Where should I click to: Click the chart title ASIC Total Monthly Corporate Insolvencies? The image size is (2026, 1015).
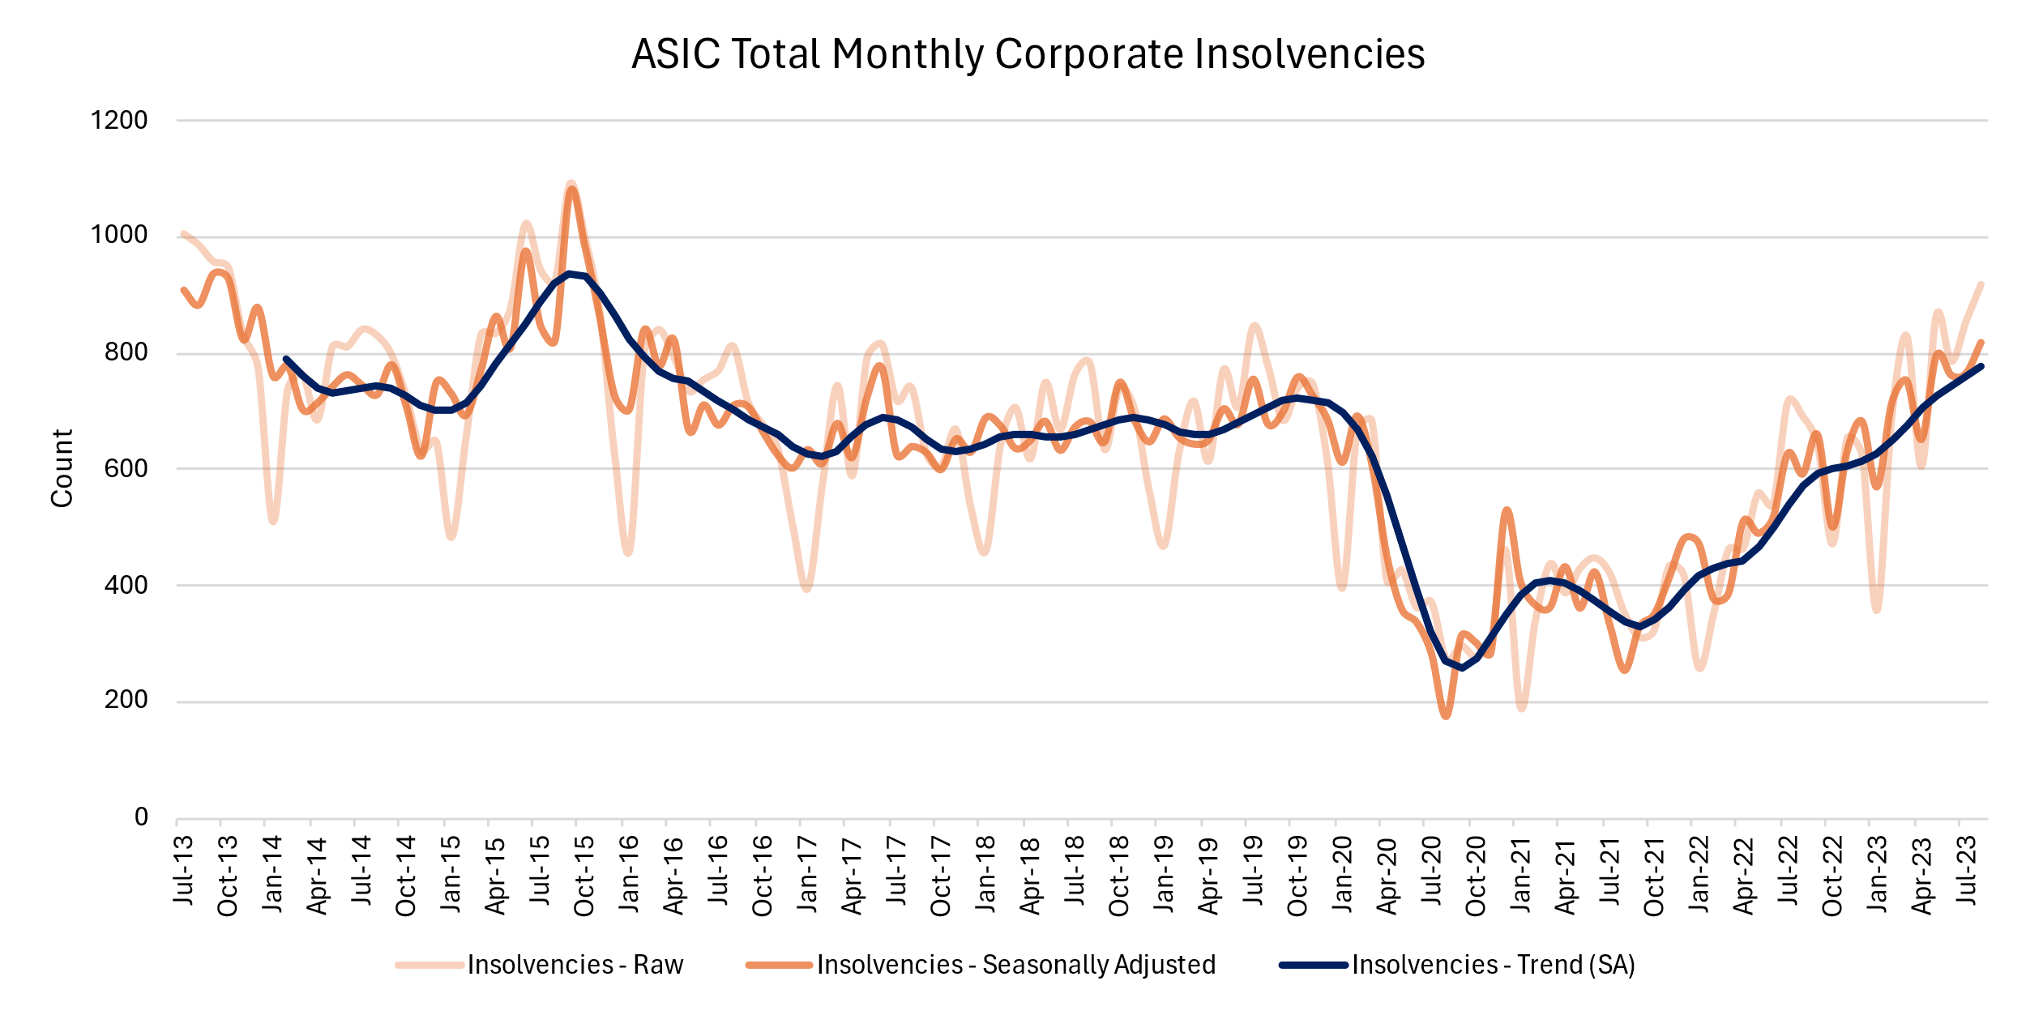[1028, 54]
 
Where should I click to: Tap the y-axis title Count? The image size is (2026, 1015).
[62, 468]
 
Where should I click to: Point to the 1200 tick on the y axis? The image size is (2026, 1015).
[119, 121]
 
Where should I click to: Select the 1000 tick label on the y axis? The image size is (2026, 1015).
[119, 235]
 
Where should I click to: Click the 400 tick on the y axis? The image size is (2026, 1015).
[126, 585]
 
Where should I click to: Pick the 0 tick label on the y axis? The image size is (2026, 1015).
[141, 817]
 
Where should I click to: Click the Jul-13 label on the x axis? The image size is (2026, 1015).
[183, 870]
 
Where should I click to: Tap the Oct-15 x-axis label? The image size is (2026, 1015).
[583, 875]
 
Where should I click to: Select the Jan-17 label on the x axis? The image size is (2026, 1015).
[806, 873]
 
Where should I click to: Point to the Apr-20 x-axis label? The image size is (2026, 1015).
[1387, 875]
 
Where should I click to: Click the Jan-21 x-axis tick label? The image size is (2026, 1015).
[1520, 873]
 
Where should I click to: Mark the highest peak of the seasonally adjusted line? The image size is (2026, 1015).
[572, 190]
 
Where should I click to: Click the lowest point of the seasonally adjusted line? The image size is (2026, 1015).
[1446, 715]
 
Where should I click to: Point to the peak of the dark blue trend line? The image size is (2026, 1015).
[570, 274]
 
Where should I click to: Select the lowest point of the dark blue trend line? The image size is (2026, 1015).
[1461, 668]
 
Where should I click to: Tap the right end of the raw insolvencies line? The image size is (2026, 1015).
[1981, 284]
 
